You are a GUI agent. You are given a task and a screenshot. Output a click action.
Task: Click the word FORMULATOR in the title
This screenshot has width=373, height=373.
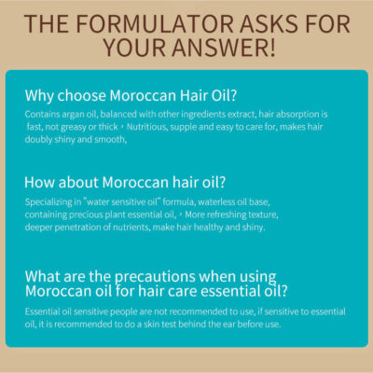155,23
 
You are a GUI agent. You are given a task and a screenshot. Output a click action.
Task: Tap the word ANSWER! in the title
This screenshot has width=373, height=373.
224,48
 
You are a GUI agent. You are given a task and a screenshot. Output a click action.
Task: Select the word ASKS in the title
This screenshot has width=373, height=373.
269,23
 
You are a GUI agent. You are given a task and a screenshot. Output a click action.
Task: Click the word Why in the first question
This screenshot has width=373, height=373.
39,96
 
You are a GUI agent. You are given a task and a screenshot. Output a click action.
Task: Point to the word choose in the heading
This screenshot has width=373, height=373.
82,95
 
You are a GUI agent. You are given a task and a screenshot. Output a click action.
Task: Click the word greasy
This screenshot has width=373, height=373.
74,128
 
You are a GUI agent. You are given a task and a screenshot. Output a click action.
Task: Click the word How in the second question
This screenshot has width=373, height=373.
39,182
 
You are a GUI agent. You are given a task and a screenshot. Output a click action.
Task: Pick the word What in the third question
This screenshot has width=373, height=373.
43,276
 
